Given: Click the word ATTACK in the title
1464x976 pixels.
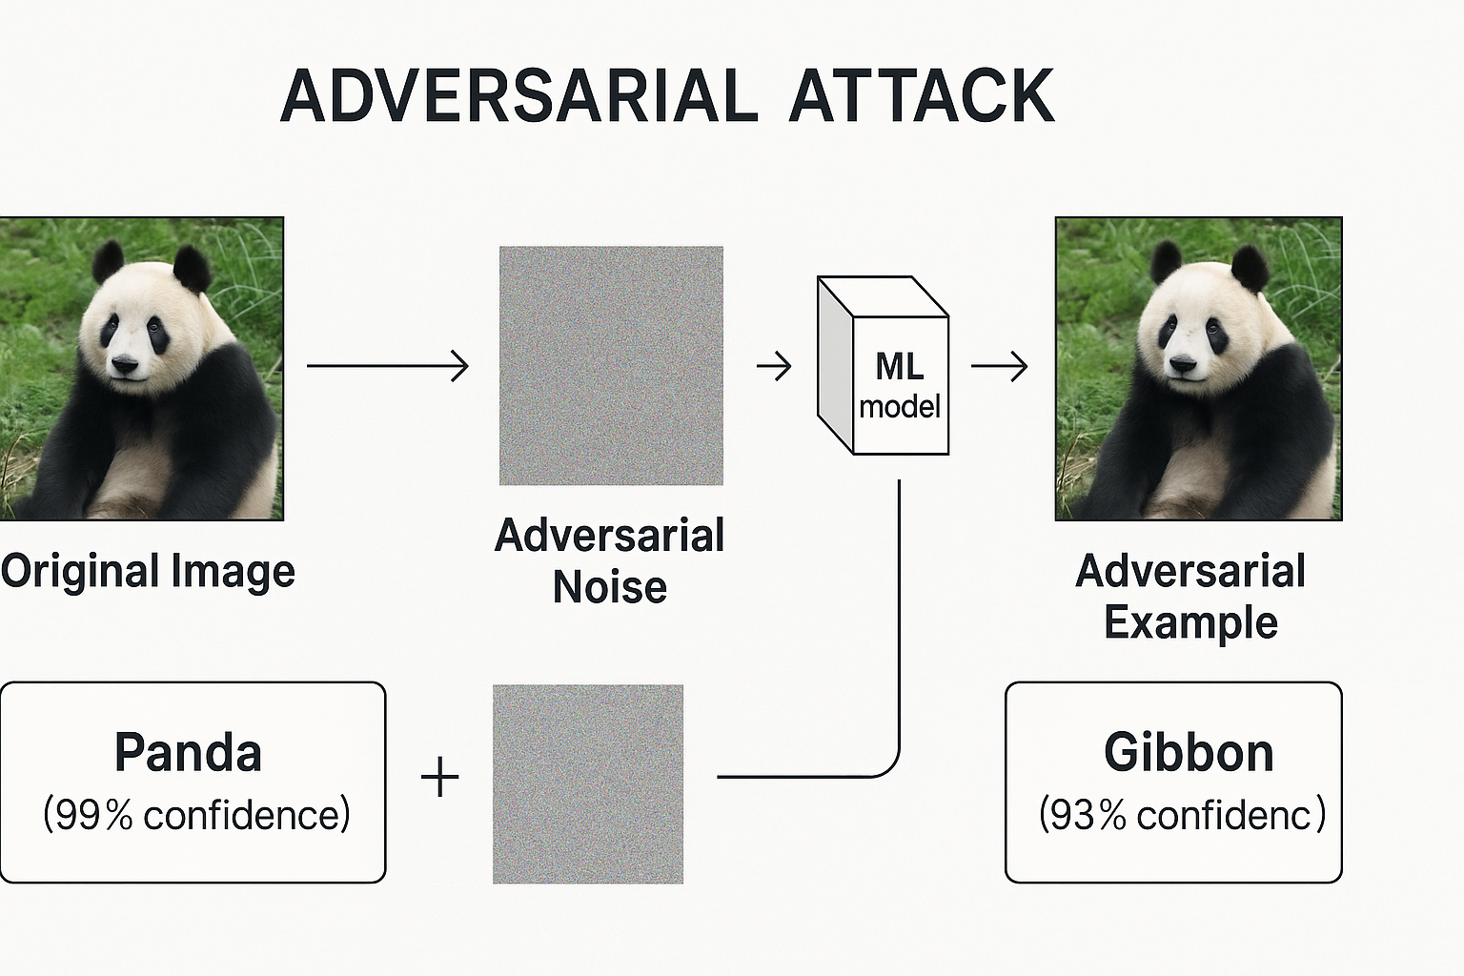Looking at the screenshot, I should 921,96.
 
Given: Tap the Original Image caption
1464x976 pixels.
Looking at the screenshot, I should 148,572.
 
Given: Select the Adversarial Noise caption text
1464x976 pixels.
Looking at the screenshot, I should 610,560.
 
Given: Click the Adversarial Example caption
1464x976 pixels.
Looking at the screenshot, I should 1190,597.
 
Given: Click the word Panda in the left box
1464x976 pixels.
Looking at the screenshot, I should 188,753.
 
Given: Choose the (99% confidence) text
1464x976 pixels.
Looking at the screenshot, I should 196,815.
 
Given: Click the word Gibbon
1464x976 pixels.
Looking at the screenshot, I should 1189,753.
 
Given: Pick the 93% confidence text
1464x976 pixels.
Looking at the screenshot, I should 1182,815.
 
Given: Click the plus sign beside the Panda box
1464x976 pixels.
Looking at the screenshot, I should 439,777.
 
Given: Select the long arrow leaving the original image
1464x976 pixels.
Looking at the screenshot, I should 387,366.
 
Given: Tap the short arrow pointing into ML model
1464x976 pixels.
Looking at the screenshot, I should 774,366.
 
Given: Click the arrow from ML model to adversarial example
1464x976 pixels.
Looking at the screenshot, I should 1000,366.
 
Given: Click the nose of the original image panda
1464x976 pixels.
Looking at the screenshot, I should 125,363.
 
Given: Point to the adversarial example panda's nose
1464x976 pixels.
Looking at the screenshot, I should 1182,363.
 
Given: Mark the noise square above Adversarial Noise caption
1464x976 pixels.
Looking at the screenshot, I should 611,366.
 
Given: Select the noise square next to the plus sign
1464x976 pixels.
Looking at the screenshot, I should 588,783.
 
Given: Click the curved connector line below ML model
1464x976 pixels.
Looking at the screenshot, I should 899,667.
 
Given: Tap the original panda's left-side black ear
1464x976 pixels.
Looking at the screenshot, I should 108,260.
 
